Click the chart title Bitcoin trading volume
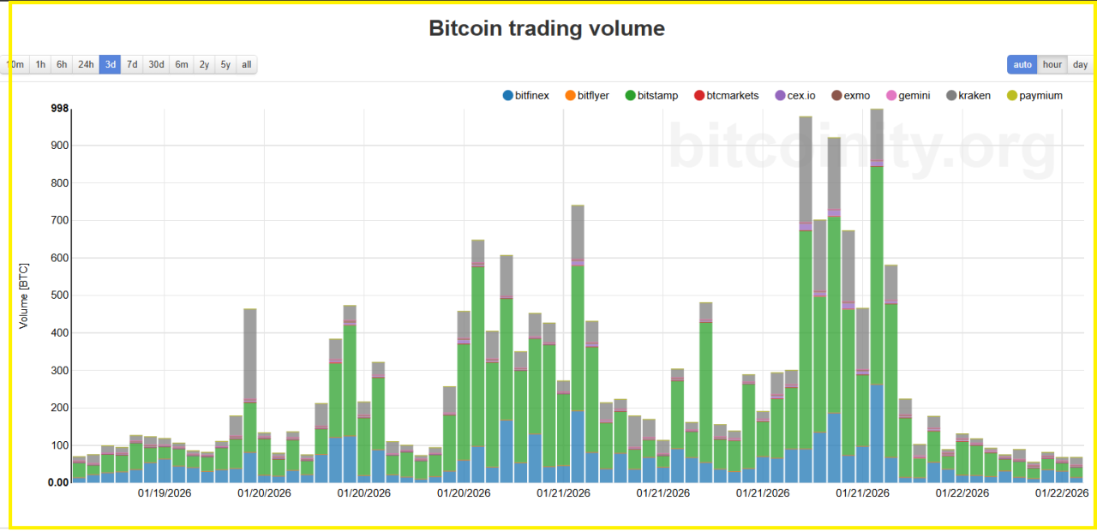point(547,28)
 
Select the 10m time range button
point(15,64)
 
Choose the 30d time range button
point(156,64)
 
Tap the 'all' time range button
point(246,64)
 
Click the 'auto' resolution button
point(1022,64)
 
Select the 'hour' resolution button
point(1052,64)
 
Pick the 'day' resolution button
point(1080,64)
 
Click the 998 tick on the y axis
point(60,108)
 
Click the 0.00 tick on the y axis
point(57,482)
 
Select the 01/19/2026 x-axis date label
point(165,493)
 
